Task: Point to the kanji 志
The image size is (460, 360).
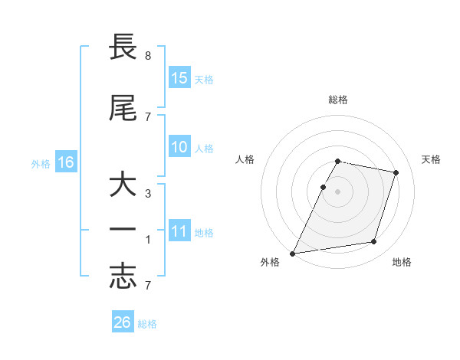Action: pyautogui.click(x=123, y=278)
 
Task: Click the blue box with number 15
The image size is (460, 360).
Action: pyautogui.click(x=179, y=78)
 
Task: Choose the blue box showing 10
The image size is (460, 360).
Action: pyautogui.click(x=179, y=147)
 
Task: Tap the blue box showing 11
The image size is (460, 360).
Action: pyautogui.click(x=179, y=232)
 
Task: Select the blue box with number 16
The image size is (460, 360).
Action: pyautogui.click(x=66, y=162)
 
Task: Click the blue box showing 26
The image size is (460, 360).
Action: pyautogui.click(x=123, y=322)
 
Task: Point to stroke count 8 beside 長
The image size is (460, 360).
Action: pyautogui.click(x=147, y=56)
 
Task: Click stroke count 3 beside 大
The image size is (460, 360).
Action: pyautogui.click(x=147, y=194)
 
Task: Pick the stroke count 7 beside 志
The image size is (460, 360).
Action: pyautogui.click(x=147, y=286)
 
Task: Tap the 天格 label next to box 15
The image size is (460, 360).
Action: pyautogui.click(x=204, y=80)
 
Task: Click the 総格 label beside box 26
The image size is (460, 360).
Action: pyautogui.click(x=147, y=324)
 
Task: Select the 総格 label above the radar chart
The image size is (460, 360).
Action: pyautogui.click(x=338, y=100)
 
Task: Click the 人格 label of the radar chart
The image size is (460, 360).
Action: pyautogui.click(x=245, y=159)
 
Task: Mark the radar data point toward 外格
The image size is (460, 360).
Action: pyautogui.click(x=292, y=254)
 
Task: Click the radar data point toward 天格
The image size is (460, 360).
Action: pyautogui.click(x=396, y=173)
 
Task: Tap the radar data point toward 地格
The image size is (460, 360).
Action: pyautogui.click(x=374, y=242)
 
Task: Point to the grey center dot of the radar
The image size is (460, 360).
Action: pyautogui.click(x=338, y=191)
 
